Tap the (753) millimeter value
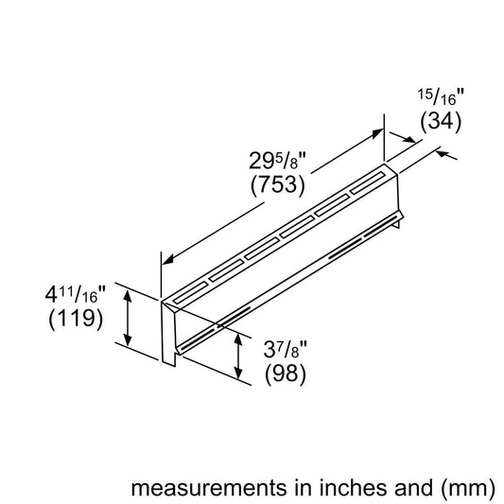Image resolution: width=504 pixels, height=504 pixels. (x=276, y=184)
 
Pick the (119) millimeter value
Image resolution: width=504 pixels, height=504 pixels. (x=75, y=320)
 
